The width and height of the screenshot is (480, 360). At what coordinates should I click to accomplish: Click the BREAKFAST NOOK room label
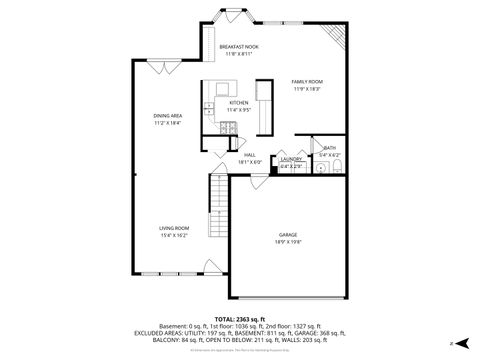click(233, 46)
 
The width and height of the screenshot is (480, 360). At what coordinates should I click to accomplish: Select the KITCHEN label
click(239, 103)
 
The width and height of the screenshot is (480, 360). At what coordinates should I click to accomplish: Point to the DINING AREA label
click(167, 115)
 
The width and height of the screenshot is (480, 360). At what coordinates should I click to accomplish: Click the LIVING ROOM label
click(174, 228)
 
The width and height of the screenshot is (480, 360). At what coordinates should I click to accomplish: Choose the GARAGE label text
click(288, 235)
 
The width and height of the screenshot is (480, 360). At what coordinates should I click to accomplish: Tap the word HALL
click(249, 155)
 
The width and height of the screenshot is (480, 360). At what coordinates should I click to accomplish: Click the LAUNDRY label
click(291, 159)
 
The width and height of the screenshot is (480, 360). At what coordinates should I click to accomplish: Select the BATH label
click(329, 148)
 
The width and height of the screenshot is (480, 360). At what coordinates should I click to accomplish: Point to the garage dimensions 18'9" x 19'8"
click(288, 242)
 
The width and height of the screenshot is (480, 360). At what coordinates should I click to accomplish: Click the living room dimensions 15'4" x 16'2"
click(174, 235)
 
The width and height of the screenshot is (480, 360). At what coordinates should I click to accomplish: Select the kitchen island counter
click(265, 107)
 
